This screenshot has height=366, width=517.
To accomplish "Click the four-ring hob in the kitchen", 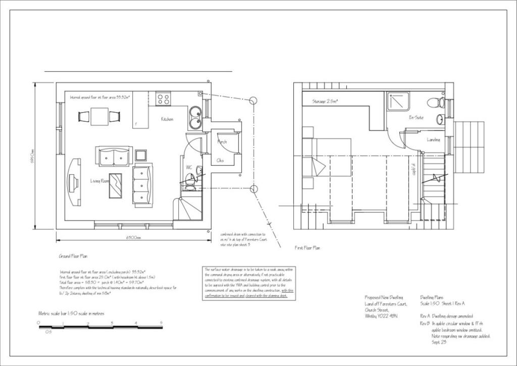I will [x=163, y=98].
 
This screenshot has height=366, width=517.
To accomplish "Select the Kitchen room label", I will [x=167, y=119].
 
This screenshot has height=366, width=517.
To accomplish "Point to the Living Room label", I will [x=100, y=180].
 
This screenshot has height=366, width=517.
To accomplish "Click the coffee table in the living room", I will [x=116, y=185].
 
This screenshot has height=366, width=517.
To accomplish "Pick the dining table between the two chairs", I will [x=99, y=116].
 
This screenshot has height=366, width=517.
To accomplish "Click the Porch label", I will [x=222, y=142].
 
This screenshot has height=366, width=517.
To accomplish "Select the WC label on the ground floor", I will [x=189, y=167].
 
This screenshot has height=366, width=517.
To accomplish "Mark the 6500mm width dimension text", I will [x=134, y=237].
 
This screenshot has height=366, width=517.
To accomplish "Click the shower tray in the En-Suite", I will [x=398, y=102].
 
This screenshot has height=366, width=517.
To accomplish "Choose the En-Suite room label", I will [x=416, y=118].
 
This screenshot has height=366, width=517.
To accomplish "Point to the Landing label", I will [x=433, y=140].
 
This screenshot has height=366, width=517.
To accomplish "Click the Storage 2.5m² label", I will [x=325, y=102].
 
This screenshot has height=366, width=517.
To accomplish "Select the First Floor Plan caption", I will [x=307, y=248].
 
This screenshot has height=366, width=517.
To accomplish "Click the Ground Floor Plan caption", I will [x=73, y=256].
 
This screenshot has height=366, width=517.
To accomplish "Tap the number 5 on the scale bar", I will [x=162, y=323].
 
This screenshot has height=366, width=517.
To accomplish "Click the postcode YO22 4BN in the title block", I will [x=381, y=316].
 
